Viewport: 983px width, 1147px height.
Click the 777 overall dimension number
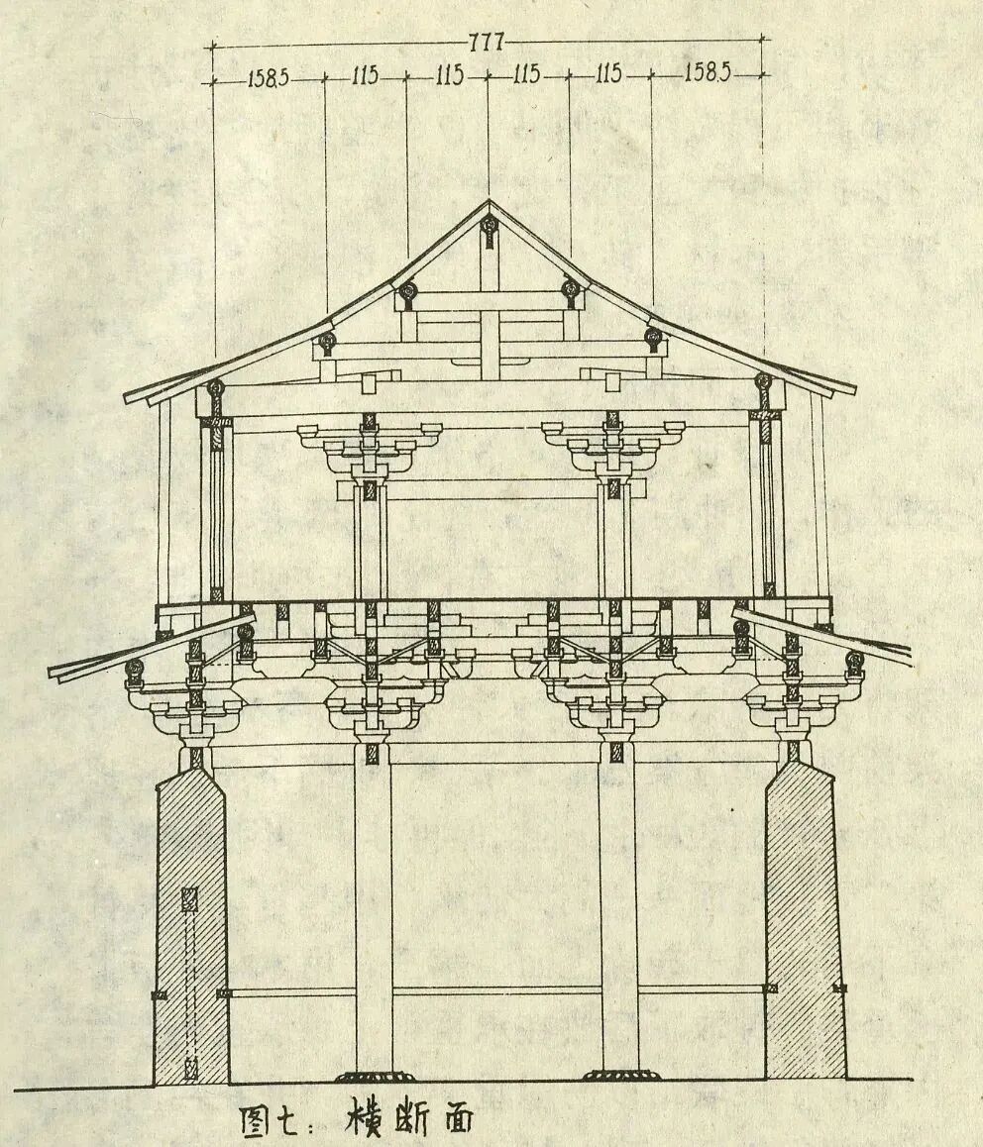tap(488, 42)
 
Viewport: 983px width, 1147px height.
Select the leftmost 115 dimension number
tap(365, 76)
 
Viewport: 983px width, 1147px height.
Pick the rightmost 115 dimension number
tap(609, 76)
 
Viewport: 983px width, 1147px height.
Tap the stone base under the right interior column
tap(618, 1077)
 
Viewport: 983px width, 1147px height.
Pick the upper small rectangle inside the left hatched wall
tap(189, 899)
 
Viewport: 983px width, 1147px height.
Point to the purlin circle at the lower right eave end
tap(854, 660)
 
